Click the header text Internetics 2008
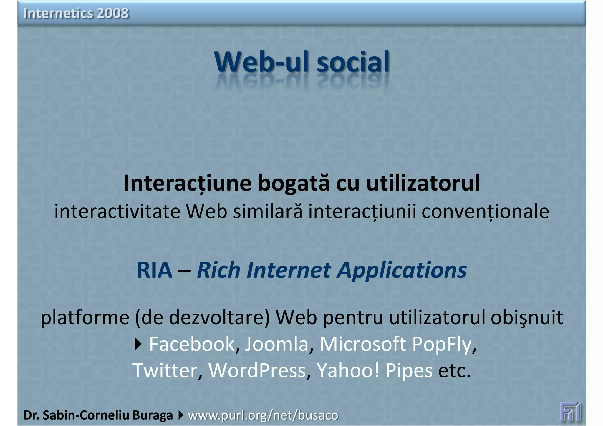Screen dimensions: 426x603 click(x=76, y=13)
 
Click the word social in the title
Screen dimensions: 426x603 click(x=353, y=62)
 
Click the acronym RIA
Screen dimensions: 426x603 click(x=155, y=270)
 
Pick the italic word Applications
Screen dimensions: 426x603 click(x=402, y=270)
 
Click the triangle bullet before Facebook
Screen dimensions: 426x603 click(x=138, y=344)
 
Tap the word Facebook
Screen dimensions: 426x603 click(x=192, y=344)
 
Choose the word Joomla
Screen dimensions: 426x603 click(x=276, y=344)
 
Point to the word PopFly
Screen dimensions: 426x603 click(x=442, y=344)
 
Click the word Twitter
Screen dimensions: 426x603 click(x=165, y=370)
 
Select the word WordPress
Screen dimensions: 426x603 click(x=257, y=370)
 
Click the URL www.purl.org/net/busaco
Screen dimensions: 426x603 click(x=263, y=415)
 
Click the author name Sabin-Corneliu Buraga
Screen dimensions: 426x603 click(x=107, y=415)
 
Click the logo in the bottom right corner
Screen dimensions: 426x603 click(x=570, y=412)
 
